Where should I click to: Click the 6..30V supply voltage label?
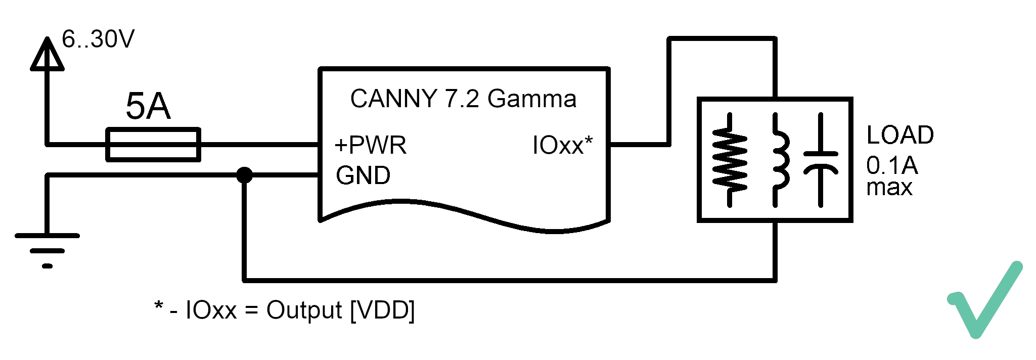click(98, 39)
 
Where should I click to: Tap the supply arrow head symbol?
click(47, 54)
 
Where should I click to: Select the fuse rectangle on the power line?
click(153, 145)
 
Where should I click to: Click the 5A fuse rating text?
click(148, 106)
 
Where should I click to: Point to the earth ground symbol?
click(47, 250)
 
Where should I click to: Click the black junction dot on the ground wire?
click(244, 175)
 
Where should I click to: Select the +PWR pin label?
click(370, 145)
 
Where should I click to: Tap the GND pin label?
click(363, 175)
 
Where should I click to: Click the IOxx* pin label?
click(562, 145)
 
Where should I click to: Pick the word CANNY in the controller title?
click(393, 99)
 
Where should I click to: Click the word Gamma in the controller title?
click(531, 99)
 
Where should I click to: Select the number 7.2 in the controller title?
click(462, 99)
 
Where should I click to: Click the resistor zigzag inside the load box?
click(729, 160)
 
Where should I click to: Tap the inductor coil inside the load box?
click(779, 160)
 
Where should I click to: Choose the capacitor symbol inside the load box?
click(820, 160)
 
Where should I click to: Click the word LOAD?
click(900, 135)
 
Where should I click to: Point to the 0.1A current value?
click(892, 165)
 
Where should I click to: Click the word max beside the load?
click(889, 188)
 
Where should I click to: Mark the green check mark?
click(985, 300)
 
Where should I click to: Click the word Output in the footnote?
click(304, 310)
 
